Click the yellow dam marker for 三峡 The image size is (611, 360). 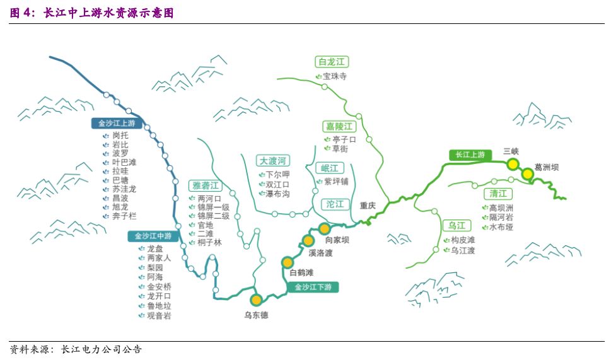click(x=512, y=164)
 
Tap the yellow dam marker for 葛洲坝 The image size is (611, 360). click(x=527, y=174)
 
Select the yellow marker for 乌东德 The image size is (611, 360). click(x=256, y=299)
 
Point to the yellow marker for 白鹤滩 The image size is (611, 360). click(x=288, y=262)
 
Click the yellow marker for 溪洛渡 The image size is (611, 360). click(x=308, y=240)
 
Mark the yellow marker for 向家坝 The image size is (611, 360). click(x=324, y=228)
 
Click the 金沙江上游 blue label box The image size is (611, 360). click(x=117, y=123)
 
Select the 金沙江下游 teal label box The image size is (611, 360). click(x=313, y=287)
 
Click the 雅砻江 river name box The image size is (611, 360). click(x=206, y=185)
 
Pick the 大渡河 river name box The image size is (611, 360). click(x=272, y=160)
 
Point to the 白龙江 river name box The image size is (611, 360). click(x=332, y=62)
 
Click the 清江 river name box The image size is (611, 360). click(x=498, y=194)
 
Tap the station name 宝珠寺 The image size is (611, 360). click(x=335, y=76)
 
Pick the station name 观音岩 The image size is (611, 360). click(x=159, y=315)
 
